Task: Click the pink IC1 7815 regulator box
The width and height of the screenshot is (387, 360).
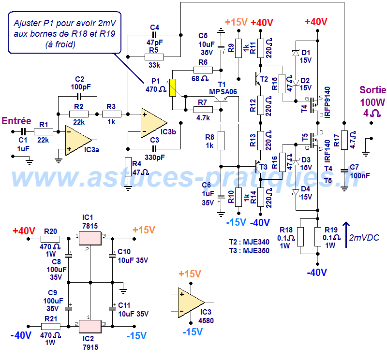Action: (x=90, y=238)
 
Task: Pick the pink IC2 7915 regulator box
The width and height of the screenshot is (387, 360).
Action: (x=90, y=326)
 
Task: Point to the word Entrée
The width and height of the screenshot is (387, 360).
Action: (x=17, y=121)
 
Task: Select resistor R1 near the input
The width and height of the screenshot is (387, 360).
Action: (x=43, y=131)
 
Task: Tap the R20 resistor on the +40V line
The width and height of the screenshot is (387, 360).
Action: (x=50, y=238)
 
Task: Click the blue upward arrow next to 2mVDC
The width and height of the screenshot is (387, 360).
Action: (x=345, y=234)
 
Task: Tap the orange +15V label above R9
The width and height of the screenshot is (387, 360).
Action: (x=237, y=22)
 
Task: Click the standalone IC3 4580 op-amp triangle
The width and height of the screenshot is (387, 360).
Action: (x=190, y=302)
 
